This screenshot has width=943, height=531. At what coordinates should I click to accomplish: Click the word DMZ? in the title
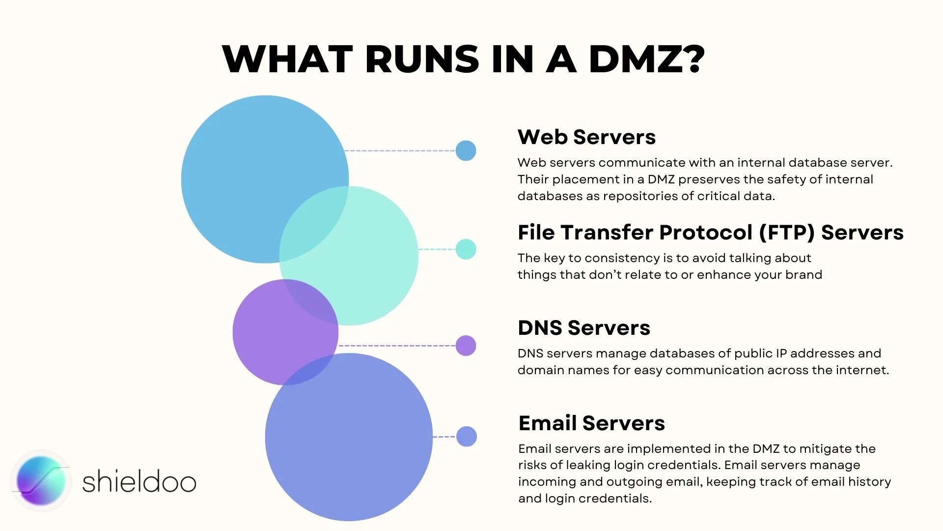(647, 59)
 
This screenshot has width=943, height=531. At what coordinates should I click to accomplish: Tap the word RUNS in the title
(422, 59)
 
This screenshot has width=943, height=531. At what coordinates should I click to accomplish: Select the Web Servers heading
(586, 137)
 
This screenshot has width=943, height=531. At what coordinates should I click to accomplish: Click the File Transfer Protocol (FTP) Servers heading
(710, 233)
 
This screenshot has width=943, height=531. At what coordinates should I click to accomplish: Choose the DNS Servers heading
(583, 328)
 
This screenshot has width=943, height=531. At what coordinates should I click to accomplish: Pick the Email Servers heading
(591, 423)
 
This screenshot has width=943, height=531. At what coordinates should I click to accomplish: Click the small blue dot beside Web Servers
(466, 150)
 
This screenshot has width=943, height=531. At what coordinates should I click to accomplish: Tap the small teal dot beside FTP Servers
(466, 249)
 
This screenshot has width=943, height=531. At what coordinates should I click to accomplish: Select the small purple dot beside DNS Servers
(466, 346)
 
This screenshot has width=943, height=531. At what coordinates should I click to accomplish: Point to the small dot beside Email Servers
(466, 437)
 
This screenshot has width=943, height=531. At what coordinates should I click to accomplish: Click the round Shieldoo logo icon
(41, 481)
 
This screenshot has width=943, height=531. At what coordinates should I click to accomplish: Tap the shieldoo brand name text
(139, 482)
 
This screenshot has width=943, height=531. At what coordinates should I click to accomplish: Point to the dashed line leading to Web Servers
(400, 150)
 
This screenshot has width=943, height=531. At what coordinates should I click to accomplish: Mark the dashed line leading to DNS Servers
(397, 346)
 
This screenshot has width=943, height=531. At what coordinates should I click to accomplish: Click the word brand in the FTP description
(804, 274)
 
